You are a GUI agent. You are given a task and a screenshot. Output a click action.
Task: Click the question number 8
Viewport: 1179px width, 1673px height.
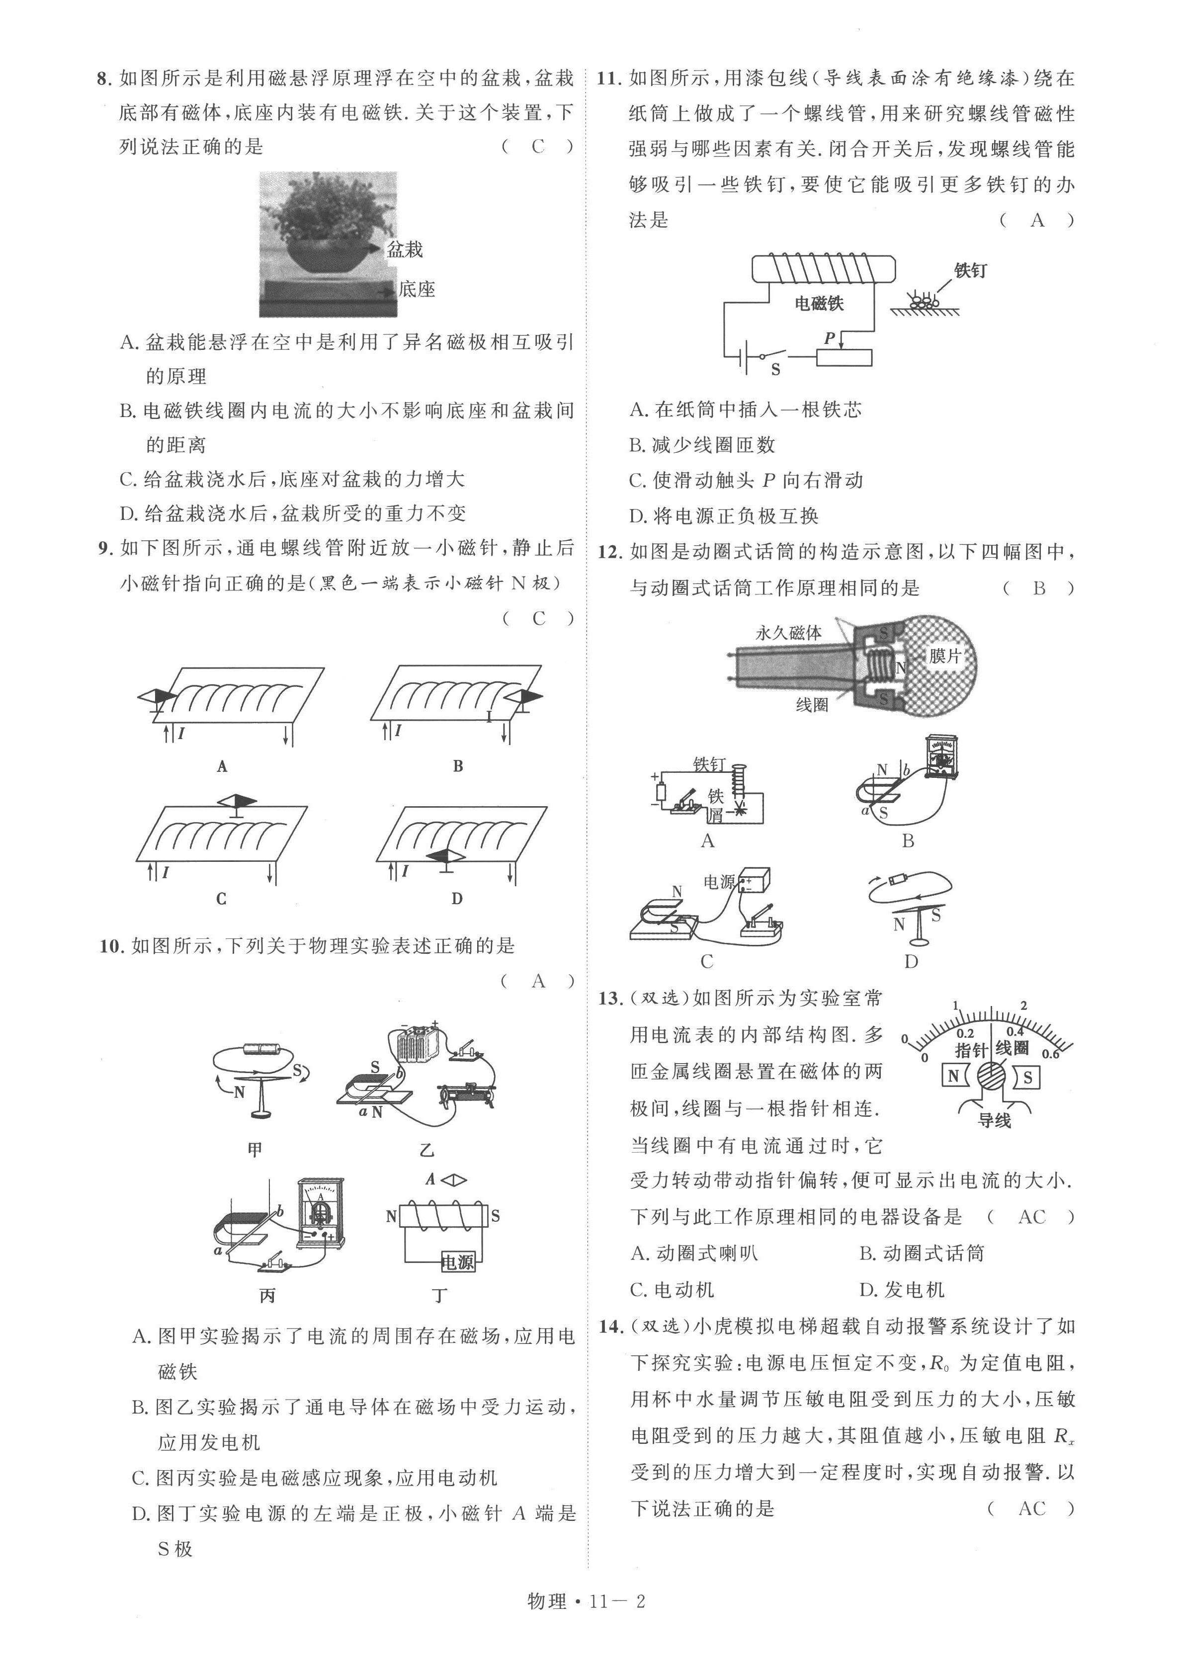tap(103, 79)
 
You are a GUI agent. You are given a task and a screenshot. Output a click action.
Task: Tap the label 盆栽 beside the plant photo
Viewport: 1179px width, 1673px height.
tap(405, 250)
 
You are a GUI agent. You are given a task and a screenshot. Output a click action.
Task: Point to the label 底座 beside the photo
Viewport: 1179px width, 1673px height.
tap(417, 289)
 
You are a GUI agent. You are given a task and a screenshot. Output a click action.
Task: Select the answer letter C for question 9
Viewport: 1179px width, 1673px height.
tap(538, 619)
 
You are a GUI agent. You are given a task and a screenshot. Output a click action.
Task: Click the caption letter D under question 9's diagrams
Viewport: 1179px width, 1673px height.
tap(457, 899)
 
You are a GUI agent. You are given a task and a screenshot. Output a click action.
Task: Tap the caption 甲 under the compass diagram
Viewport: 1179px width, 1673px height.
tap(254, 1149)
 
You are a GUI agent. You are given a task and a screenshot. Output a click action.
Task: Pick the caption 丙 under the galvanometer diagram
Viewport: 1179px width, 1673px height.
tap(267, 1296)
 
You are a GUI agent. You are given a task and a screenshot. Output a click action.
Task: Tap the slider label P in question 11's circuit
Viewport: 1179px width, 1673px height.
tap(829, 338)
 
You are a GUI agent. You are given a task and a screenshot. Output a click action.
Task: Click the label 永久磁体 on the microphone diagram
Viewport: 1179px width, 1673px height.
tap(788, 633)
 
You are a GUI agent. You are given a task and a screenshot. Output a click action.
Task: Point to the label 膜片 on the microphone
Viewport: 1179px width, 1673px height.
tap(945, 656)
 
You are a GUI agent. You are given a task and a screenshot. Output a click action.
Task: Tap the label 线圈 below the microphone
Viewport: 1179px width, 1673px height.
tap(812, 705)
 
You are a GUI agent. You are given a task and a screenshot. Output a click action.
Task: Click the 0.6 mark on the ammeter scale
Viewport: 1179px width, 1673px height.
tap(1050, 1054)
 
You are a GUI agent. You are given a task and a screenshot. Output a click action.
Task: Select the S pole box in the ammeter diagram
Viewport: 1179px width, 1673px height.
tap(1027, 1078)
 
